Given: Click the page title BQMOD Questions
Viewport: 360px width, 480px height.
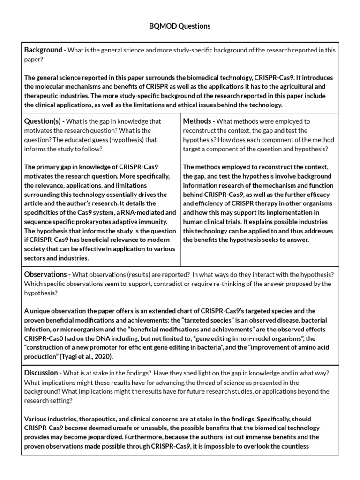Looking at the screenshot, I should click(x=180, y=26).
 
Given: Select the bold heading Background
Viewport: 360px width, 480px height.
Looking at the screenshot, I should click(x=43, y=50).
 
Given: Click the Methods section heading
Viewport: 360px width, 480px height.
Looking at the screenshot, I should click(x=197, y=121).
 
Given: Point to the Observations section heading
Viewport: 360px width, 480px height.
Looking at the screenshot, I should click(x=45, y=275).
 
